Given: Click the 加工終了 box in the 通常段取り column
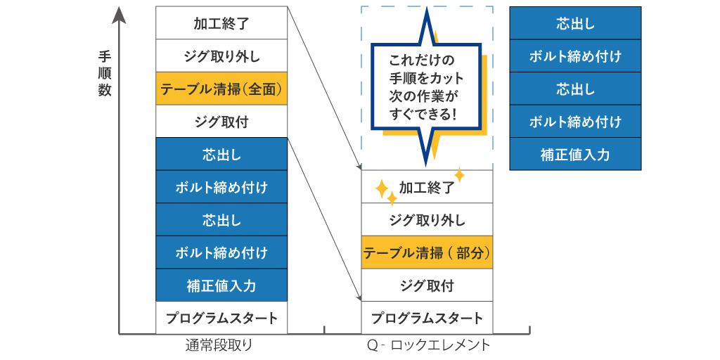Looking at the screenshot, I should [x=221, y=23].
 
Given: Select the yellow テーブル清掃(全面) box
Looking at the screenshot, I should [x=221, y=89].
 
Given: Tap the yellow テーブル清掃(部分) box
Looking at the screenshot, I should [x=427, y=252].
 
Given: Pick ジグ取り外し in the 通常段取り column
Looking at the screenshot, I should [x=221, y=56].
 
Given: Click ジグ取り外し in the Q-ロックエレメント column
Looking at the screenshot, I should [x=427, y=220].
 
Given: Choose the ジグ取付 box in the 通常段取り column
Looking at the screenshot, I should [x=221, y=122].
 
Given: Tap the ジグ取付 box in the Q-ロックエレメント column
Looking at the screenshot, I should [x=427, y=285].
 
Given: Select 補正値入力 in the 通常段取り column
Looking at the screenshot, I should [x=221, y=285].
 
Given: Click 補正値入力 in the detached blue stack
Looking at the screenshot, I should [x=575, y=155].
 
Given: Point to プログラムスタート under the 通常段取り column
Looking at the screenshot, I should [x=221, y=318].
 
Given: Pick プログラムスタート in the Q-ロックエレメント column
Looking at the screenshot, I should [x=427, y=318].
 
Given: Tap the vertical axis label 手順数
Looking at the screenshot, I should [x=105, y=73].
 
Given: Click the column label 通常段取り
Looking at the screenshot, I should [x=219, y=345].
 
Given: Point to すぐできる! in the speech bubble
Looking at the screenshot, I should [x=422, y=112].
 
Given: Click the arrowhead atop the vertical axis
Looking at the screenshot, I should [x=120, y=13].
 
